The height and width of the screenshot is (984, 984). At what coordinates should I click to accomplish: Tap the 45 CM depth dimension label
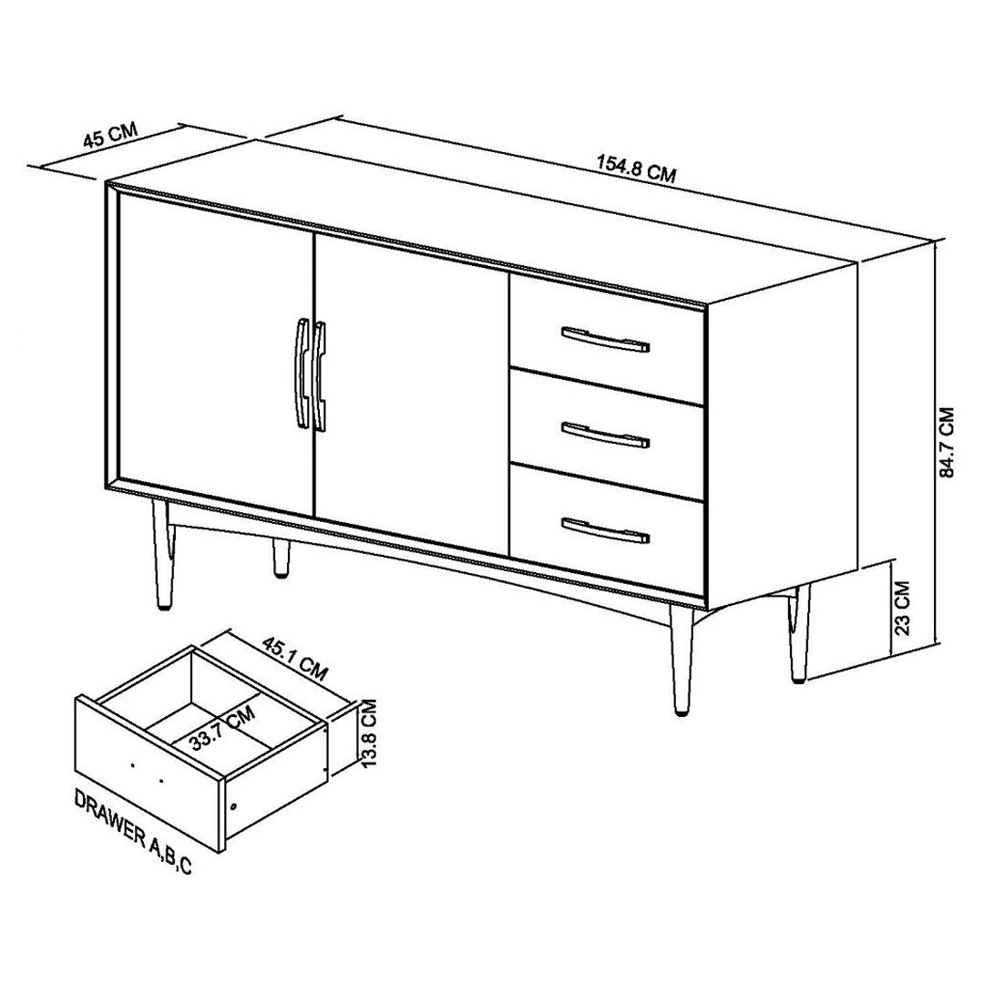pos(110,135)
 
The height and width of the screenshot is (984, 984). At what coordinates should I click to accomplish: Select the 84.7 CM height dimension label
pos(947,443)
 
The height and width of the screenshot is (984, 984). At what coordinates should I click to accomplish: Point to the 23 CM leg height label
pos(902,608)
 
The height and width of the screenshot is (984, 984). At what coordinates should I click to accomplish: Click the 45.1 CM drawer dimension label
pos(295,659)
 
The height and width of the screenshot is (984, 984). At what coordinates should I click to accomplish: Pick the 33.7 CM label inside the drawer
pos(223,728)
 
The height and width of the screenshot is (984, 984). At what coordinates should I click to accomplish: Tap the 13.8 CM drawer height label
pos(369,733)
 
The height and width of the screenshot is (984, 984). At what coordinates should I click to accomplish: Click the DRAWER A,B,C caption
pos(133,833)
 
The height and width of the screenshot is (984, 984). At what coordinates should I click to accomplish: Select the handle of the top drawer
pos(605,339)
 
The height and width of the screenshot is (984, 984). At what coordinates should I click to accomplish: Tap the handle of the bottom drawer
pos(605,530)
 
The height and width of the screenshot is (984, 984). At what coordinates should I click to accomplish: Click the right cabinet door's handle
pos(320,376)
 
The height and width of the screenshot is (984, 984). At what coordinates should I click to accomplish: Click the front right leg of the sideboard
pos(681,659)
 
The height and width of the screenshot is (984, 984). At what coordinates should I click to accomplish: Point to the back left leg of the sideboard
pos(282,557)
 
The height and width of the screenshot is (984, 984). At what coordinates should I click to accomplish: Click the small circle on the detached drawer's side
pos(234,805)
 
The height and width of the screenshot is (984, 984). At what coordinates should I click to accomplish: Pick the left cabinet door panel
pos(215,354)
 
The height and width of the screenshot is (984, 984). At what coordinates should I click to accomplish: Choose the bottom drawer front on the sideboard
pos(607,530)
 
